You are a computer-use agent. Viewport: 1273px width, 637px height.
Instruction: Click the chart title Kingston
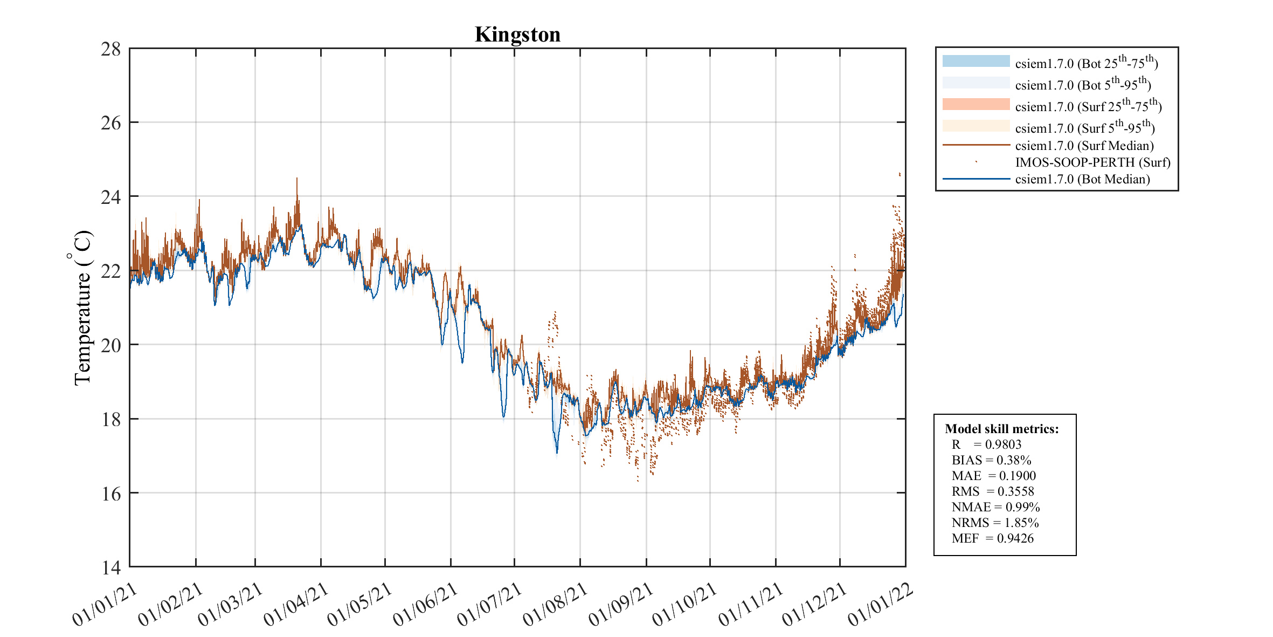[517, 35]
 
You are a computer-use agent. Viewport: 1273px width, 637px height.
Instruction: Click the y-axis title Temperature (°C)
[82, 307]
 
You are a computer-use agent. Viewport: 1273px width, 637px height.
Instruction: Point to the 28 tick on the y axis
[111, 49]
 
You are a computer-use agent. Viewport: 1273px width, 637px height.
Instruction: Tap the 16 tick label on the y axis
[111, 494]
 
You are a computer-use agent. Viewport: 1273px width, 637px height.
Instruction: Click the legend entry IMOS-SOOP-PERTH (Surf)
[1092, 162]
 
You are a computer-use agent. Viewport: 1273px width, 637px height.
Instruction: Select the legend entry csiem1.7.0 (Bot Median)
[1082, 179]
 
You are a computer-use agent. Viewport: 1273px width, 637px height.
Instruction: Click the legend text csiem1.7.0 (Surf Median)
[1084, 146]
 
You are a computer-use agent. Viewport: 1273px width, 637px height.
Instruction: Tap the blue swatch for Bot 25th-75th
[976, 61]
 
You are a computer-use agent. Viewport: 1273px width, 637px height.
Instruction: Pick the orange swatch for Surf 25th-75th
[976, 104]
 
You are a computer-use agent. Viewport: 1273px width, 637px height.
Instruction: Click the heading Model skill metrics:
[1001, 429]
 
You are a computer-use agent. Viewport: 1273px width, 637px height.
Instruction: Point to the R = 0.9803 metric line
[986, 444]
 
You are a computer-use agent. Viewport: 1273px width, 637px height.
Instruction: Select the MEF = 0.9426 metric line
[992, 538]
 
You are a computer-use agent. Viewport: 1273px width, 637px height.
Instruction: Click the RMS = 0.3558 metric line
[993, 491]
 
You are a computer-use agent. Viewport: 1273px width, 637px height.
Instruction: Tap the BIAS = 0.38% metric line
[991, 460]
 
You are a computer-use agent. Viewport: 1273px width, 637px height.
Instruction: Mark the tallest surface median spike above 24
[296, 180]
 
